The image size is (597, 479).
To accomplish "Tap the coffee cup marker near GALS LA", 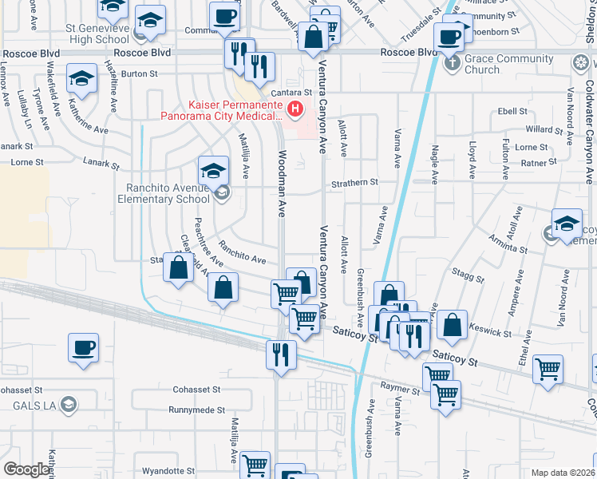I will pos(83,349).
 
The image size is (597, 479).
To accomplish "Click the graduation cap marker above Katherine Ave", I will pos(81,79).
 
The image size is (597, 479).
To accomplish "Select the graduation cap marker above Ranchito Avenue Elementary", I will pos(212,170).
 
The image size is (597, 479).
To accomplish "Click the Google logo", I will pos(26,469).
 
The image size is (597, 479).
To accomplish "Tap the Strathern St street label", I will pos(355,183).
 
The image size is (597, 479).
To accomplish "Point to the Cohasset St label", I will pos(196,390).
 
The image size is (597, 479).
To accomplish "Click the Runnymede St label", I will pos(196,410).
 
